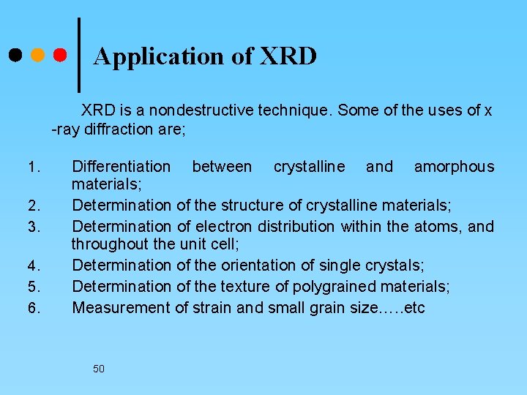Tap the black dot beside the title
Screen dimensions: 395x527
pos(15,55)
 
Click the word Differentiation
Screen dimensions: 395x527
pos(121,167)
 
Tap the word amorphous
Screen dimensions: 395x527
pos(454,167)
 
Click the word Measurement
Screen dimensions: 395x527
pos(120,308)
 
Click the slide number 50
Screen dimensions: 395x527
pos(99,369)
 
